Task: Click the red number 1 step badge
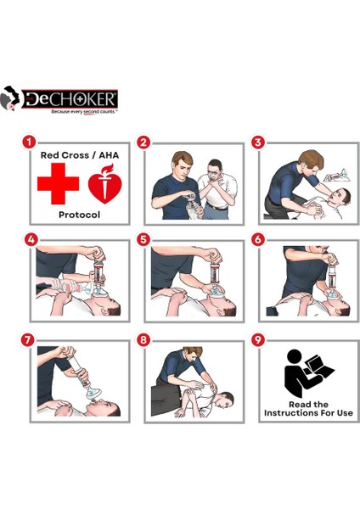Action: click(29, 143)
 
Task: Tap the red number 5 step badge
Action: click(143, 240)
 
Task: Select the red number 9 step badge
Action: click(258, 340)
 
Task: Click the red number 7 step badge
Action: click(28, 340)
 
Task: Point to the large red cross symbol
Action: click(58, 184)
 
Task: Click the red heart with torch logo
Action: click(105, 184)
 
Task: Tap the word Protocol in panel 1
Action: click(79, 215)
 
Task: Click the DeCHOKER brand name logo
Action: click(70, 99)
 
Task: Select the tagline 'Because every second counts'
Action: click(84, 112)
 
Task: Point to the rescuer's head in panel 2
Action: click(183, 163)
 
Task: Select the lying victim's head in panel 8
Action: click(225, 400)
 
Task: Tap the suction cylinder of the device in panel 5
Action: click(213, 274)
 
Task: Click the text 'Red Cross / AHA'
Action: click(80, 155)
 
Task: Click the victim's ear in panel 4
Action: click(106, 312)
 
